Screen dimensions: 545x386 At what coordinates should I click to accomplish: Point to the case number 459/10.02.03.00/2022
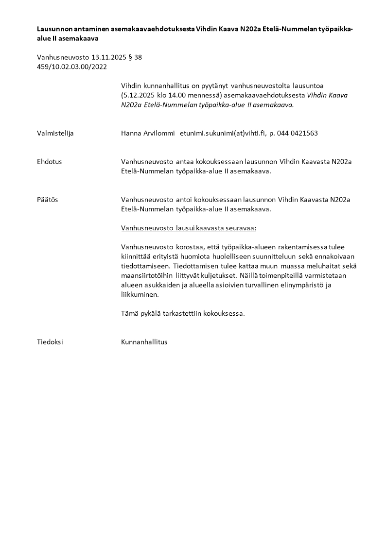click(x=71, y=67)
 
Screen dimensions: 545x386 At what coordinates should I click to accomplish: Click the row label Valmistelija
click(x=55, y=133)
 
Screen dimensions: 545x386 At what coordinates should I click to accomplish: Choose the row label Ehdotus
click(x=49, y=162)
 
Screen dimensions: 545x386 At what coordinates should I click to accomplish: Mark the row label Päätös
click(x=47, y=200)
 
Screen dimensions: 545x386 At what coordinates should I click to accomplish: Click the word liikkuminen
click(x=140, y=295)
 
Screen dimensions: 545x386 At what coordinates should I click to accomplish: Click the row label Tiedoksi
click(x=50, y=342)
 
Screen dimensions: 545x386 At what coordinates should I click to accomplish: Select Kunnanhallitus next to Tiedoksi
click(x=144, y=342)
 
